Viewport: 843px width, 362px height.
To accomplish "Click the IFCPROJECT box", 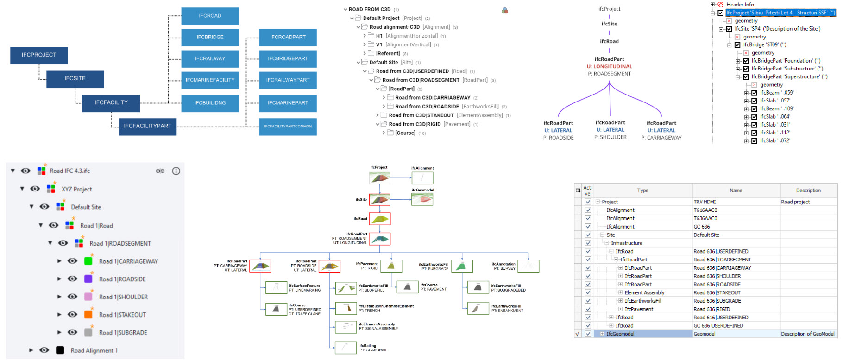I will (x=39, y=55).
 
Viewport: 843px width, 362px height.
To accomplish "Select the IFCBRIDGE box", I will (x=210, y=37).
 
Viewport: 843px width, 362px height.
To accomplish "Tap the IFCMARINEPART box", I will (x=288, y=103).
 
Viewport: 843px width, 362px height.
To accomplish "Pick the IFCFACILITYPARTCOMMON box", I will (x=288, y=126).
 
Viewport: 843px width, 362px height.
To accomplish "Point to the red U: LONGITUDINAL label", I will (x=609, y=67).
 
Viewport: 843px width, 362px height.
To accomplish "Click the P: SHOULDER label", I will (x=610, y=137).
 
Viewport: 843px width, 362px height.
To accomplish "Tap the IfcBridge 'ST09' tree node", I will (x=764, y=45).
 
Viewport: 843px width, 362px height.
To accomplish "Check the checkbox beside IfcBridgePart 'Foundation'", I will (x=746, y=61).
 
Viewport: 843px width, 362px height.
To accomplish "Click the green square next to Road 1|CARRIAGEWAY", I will (x=88, y=261).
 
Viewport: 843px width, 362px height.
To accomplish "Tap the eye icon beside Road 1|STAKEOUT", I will (x=72, y=315).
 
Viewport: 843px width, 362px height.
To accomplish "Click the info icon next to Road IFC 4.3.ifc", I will (x=176, y=171).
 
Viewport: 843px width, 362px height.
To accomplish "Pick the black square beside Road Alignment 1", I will (x=60, y=350).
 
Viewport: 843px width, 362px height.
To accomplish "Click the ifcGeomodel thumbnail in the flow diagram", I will (x=422, y=199).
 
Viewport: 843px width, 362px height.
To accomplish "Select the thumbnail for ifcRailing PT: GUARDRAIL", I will (x=346, y=348).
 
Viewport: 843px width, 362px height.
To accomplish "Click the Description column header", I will (x=808, y=191).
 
